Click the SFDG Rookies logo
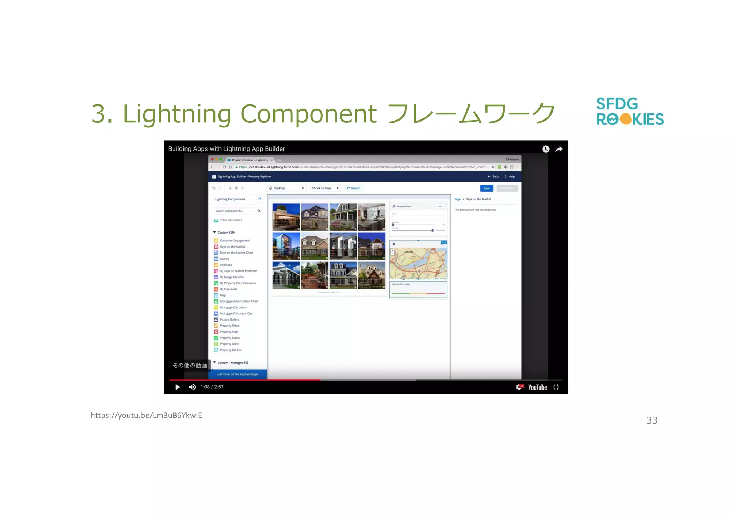[x=630, y=112]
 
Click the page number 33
[x=652, y=420]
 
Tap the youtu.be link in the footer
[x=146, y=415]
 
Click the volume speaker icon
[x=192, y=387]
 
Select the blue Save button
[x=486, y=188]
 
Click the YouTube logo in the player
[x=537, y=387]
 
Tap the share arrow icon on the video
[x=559, y=149]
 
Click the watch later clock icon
[x=546, y=149]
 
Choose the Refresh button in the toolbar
[x=353, y=188]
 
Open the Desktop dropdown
[x=287, y=188]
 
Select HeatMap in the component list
[x=226, y=265]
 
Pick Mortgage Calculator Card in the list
[x=236, y=314]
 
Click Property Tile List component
[x=231, y=350]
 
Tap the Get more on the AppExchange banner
[x=238, y=374]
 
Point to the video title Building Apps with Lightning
[x=226, y=149]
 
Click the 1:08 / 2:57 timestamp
[x=212, y=387]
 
